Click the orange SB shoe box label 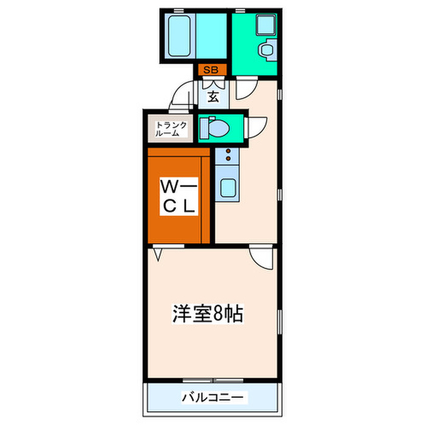coord(210,70)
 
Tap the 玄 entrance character coord(214,96)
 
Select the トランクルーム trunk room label coord(166,128)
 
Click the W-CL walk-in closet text coord(178,195)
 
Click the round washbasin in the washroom coord(266,50)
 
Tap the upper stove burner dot coord(228,150)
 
